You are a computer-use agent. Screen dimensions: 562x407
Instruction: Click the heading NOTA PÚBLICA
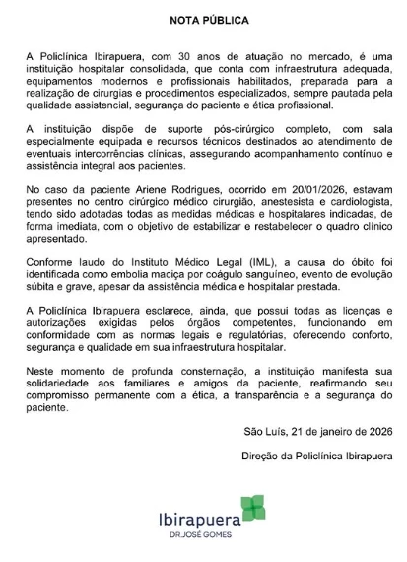(204, 19)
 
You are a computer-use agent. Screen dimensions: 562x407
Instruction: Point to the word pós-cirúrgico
(202, 129)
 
